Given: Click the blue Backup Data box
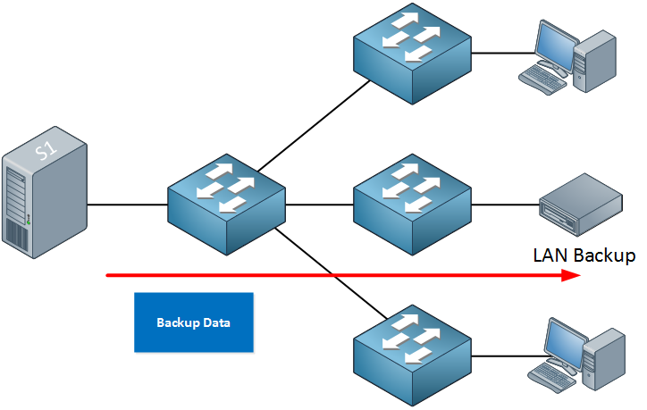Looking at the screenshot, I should [x=193, y=322].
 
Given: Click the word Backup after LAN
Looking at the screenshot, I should [x=603, y=255].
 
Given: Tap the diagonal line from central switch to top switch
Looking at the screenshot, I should [x=313, y=121].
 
